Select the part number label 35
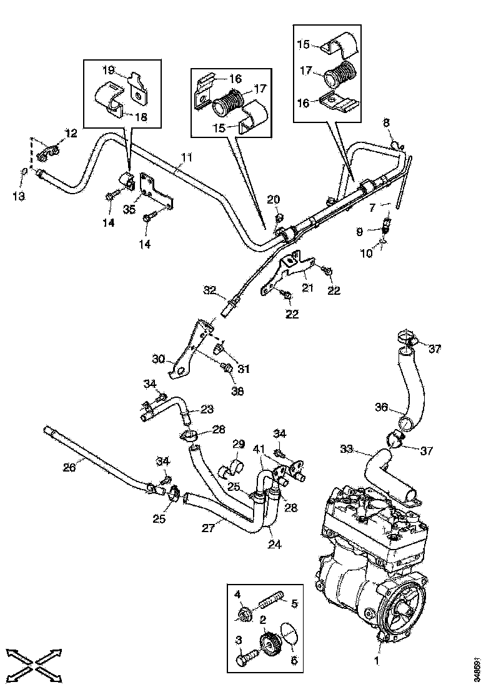tap(129, 209)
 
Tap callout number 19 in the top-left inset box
tap(107, 70)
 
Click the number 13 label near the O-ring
tap(19, 196)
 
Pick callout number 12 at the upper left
tap(70, 132)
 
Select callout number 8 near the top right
tap(386, 123)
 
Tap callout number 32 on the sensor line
tap(209, 290)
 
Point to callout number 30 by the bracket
tap(159, 359)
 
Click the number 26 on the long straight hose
tap(69, 467)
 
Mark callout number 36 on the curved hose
tap(382, 407)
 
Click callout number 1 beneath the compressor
tap(376, 660)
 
